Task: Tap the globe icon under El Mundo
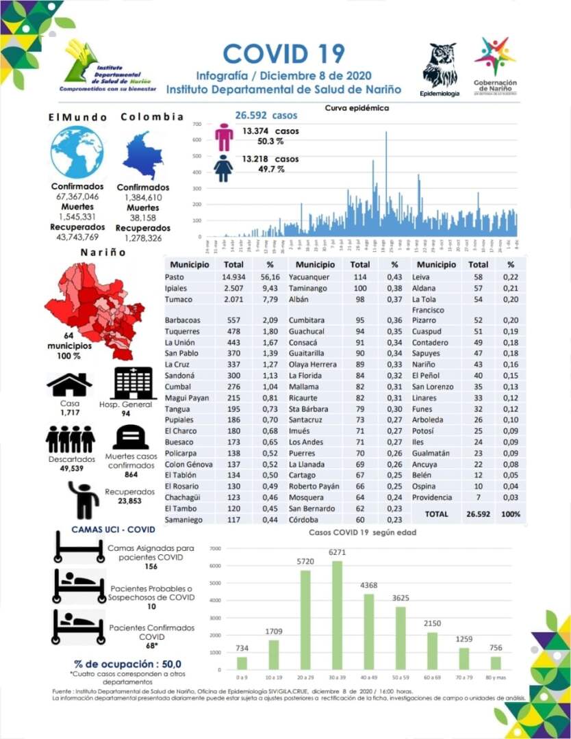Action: [x=77, y=152]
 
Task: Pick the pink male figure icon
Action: [x=224, y=137]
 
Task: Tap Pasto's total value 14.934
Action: [x=234, y=276]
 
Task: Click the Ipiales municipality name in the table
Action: [x=177, y=287]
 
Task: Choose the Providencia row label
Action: [x=432, y=497]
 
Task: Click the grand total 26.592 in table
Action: [x=479, y=513]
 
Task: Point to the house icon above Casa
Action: [x=69, y=385]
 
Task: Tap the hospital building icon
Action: [x=134, y=383]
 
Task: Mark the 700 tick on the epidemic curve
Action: [x=196, y=124]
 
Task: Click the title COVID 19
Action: [x=283, y=53]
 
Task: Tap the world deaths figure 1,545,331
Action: [x=76, y=216]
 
